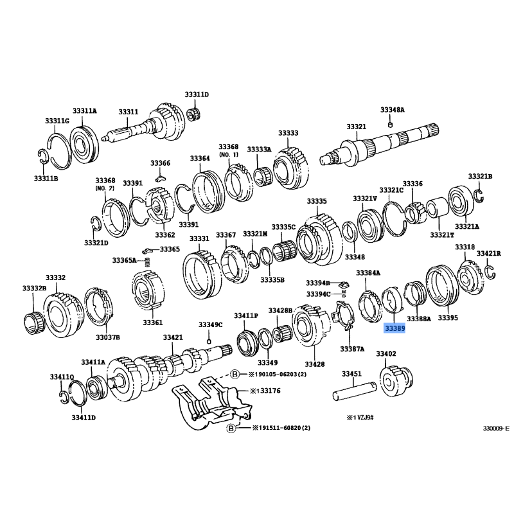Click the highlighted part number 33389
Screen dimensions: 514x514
click(x=394, y=328)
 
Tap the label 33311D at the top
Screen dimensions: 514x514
click(x=197, y=94)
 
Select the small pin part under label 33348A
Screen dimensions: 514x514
click(x=390, y=125)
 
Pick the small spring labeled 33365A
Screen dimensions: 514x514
click(x=148, y=262)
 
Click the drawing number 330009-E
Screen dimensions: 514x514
click(x=496, y=429)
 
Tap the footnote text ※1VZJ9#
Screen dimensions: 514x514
click(x=360, y=418)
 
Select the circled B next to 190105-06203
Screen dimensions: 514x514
click(x=235, y=374)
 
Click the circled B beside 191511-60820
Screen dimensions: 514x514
click(x=231, y=428)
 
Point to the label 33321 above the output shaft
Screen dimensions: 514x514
click(x=357, y=127)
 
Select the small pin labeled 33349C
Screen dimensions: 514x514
click(x=209, y=342)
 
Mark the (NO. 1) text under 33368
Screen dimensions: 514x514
click(x=229, y=154)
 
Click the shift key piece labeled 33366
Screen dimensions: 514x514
click(x=160, y=179)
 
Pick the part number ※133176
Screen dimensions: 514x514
click(x=265, y=391)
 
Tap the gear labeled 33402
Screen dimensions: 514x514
click(x=396, y=381)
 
